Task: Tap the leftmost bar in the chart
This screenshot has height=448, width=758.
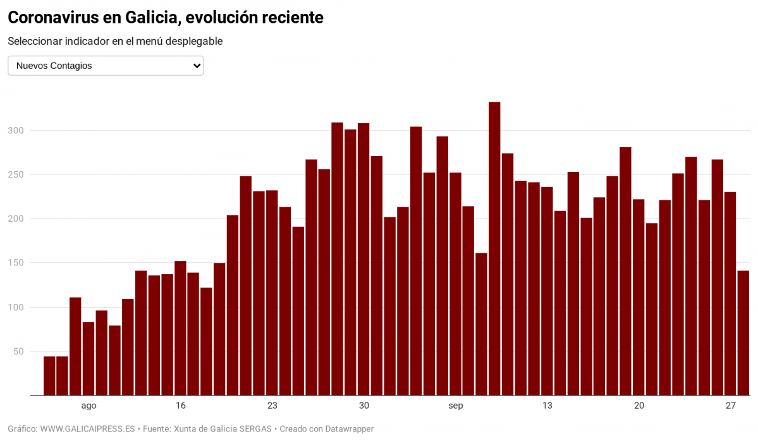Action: (x=49, y=376)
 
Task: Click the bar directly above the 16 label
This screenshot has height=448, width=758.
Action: (x=180, y=328)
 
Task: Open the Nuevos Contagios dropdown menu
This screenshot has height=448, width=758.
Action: (x=106, y=66)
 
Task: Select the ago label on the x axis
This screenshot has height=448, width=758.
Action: (x=89, y=406)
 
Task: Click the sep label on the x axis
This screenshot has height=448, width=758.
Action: (x=455, y=406)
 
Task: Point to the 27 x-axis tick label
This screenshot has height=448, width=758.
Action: (x=731, y=406)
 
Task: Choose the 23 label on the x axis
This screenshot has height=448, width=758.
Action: (x=272, y=406)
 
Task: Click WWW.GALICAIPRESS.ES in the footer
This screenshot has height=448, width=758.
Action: (x=87, y=429)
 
